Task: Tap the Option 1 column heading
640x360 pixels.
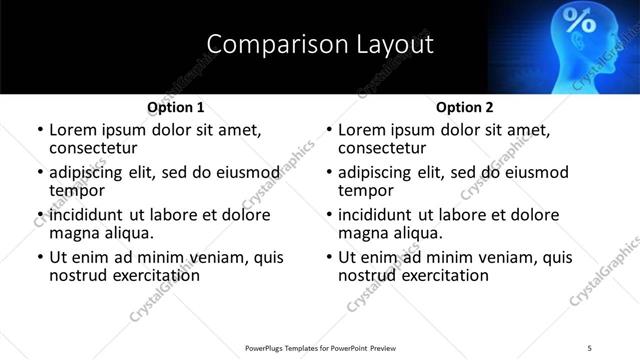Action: pos(176,107)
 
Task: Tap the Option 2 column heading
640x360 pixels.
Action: pos(465,107)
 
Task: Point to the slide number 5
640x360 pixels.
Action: pos(589,347)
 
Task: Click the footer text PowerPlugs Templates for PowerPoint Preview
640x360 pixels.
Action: pos(321,347)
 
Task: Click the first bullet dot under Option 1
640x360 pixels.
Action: pos(40,130)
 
